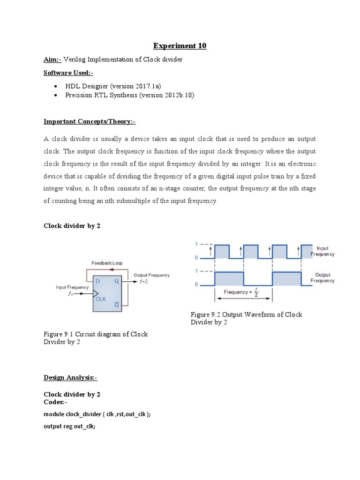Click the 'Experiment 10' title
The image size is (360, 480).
pos(180,46)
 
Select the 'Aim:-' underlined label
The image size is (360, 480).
pos(52,60)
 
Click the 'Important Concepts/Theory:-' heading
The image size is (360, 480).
pos(90,121)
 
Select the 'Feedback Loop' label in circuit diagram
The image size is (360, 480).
pos(107,263)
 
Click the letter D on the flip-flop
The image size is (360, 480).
pos(97,281)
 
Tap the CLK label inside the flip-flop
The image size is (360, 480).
pos(101,298)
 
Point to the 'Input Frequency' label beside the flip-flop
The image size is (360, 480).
pos(72,287)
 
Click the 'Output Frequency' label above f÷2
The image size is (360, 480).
pos(151,275)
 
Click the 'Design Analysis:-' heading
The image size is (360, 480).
pos(70,377)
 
